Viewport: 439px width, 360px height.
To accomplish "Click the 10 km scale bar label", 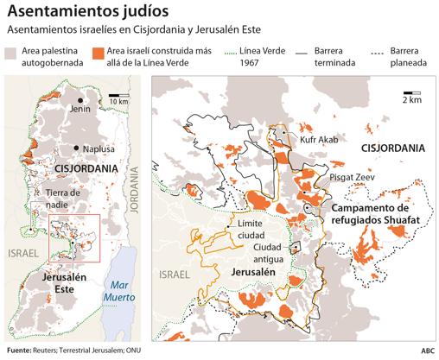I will tap(118, 103).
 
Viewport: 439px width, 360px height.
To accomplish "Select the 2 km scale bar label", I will tap(411, 100).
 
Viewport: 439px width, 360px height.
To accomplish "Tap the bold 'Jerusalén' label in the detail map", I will tap(251, 272).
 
